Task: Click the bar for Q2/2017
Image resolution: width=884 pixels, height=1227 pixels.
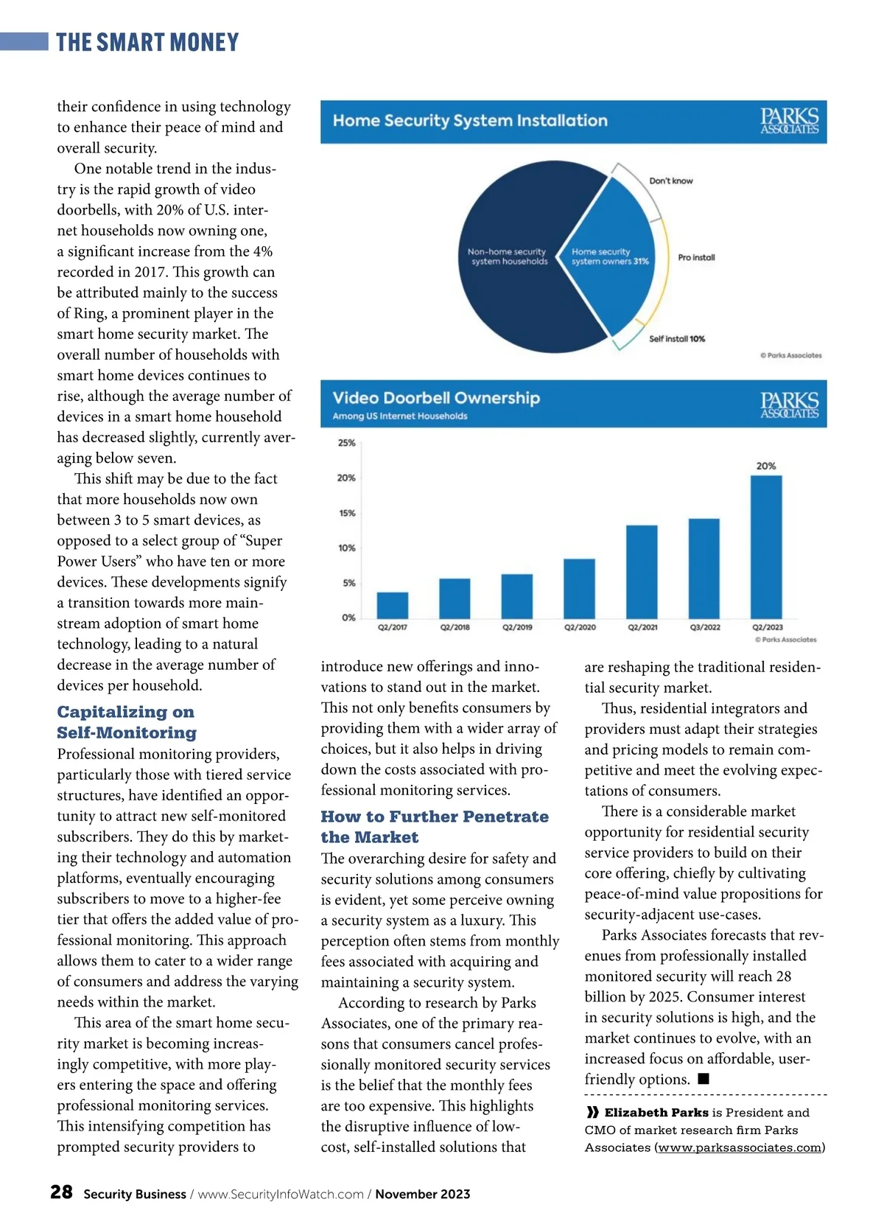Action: tap(392, 605)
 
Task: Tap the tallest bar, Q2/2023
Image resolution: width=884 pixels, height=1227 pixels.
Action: tap(766, 547)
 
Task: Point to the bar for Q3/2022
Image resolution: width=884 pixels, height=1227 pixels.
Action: tap(704, 568)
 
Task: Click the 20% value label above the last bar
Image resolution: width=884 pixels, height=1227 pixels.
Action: tap(766, 466)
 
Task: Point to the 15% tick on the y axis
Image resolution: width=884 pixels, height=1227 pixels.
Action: tap(347, 513)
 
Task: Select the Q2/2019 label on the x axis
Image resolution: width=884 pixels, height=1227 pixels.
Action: tap(517, 627)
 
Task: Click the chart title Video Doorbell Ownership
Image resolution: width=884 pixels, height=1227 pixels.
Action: tap(436, 398)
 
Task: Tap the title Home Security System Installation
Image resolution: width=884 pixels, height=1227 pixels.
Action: tap(470, 120)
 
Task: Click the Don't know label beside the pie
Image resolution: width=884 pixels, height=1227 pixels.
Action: tap(670, 181)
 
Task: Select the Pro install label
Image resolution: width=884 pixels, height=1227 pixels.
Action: tap(696, 257)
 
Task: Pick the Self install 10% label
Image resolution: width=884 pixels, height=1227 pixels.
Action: tap(676, 339)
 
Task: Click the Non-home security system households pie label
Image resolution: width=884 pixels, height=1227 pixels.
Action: tap(508, 256)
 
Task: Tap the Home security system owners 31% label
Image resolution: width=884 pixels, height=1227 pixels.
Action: tap(609, 256)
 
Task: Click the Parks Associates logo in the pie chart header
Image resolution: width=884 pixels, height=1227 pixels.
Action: tap(789, 121)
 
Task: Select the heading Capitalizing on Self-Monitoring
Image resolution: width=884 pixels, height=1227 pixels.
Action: tap(126, 722)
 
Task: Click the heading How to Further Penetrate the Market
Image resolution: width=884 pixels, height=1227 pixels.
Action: tap(434, 827)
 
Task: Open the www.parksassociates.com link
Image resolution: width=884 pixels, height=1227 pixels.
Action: tap(739, 1147)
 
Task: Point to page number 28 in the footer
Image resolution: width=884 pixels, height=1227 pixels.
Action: tap(61, 1192)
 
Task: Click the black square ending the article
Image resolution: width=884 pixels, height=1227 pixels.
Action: tap(704, 1079)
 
